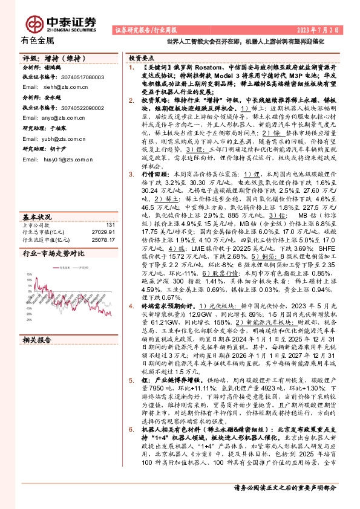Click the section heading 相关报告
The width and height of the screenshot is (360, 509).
click(x=37, y=340)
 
